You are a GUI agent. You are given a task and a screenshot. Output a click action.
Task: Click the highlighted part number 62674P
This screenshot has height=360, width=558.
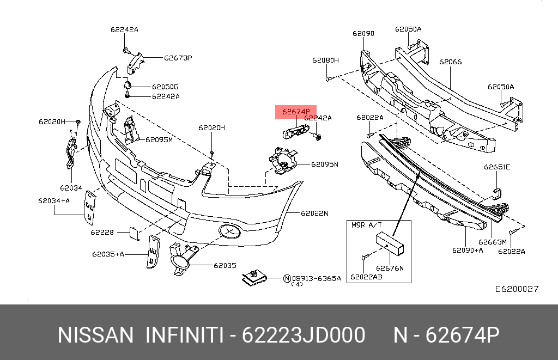295,112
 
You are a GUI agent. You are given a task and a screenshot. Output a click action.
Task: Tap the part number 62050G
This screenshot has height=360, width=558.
165,87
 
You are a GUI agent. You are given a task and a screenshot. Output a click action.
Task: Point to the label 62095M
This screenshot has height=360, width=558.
159,139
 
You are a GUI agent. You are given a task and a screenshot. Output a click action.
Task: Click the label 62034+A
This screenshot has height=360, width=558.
53,200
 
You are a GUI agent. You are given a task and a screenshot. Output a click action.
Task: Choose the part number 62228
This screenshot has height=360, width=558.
102,233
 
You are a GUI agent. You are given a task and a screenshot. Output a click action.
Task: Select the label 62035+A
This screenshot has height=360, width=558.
108,254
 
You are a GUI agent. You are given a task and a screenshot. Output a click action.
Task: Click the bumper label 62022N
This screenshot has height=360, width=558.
314,213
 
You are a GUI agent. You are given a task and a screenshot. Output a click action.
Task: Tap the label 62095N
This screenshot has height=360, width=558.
325,164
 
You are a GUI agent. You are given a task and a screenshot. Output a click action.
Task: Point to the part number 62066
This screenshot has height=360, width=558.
450,62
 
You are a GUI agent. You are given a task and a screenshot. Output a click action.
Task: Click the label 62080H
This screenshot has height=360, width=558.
325,60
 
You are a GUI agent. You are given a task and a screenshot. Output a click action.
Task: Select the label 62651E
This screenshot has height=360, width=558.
497,167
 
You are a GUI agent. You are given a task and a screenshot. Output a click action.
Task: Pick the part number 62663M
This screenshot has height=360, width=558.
493,242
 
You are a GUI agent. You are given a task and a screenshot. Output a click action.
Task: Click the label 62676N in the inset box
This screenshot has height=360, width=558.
390,267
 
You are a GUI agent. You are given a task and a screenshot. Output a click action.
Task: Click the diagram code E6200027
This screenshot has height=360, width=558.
517,289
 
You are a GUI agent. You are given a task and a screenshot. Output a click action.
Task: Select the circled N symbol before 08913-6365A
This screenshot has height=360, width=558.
287,278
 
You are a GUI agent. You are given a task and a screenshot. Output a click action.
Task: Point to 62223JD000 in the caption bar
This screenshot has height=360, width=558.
303,335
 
